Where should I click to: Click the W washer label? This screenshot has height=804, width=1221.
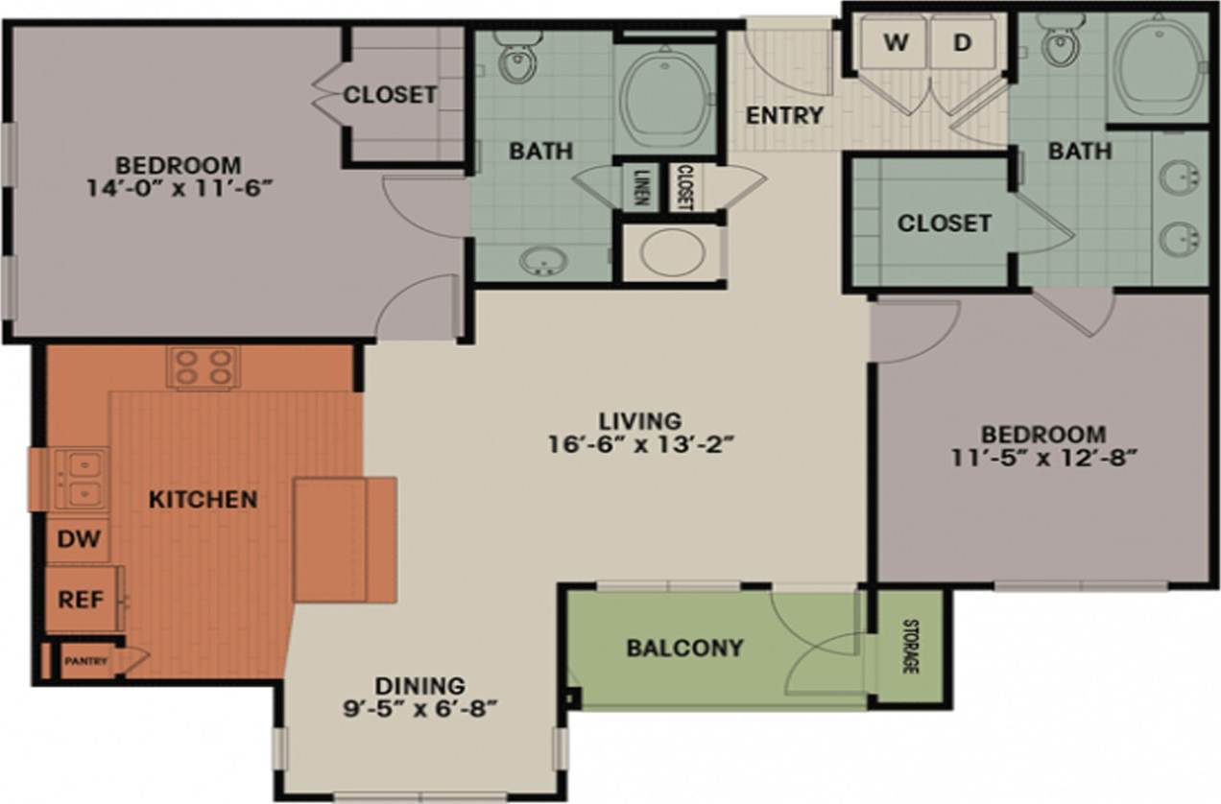pos(895,42)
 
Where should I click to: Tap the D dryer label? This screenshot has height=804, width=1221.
pos(962,42)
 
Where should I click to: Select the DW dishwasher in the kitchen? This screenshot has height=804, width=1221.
pos(79,538)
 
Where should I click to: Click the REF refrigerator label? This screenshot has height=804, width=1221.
pos(81,600)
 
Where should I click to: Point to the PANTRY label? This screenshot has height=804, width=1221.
pos(86,661)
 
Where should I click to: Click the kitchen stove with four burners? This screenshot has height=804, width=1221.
pos(203,367)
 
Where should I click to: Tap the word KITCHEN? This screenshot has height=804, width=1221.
pos(203,499)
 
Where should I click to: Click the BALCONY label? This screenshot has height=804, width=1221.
pos(684,648)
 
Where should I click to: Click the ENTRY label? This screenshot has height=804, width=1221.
pos(784,115)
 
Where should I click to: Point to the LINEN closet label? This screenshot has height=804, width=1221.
pos(640,186)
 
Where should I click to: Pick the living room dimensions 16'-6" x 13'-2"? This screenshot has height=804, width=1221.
pos(640,445)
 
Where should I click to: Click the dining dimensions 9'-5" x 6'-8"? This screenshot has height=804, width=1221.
pos(420,710)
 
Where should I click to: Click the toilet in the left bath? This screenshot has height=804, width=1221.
pos(518,59)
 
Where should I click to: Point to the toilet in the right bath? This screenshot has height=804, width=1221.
pos(1061,43)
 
